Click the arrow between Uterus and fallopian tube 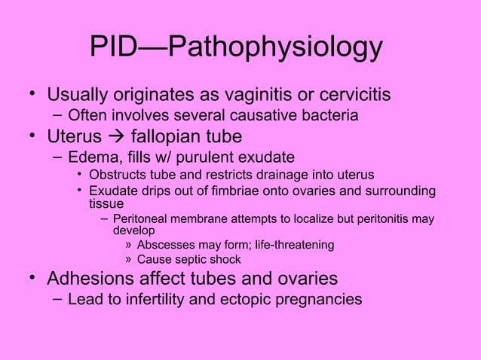(x=118, y=138)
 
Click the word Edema (x=90, y=158)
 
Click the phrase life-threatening (x=287, y=245)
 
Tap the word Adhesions (x=89, y=279)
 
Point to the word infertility (x=169, y=300)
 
